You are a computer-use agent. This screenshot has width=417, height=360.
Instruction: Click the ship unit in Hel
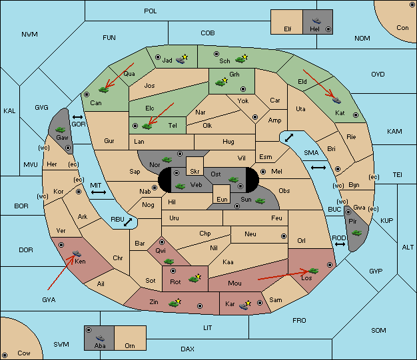[316, 21]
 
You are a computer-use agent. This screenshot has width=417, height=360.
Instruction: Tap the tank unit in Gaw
[61, 129]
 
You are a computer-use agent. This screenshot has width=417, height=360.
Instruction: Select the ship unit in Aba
[100, 337]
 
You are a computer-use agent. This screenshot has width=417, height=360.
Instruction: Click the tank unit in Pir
[356, 233]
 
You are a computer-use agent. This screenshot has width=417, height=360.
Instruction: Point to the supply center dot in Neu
[284, 236]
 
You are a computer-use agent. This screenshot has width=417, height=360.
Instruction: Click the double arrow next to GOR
[78, 117]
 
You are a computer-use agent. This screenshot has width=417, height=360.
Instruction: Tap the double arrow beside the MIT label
[99, 192]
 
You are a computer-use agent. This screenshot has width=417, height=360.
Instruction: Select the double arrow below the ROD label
[340, 244]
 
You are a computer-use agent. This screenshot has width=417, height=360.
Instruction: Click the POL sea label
[151, 11]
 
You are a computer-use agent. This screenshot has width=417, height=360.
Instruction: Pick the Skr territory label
[195, 172]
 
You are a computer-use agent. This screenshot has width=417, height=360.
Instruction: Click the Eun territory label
[222, 199]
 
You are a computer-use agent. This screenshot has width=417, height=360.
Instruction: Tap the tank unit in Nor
[167, 160]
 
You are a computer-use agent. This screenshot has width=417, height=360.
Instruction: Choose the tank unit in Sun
[260, 201]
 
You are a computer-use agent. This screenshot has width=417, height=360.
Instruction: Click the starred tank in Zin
[175, 303]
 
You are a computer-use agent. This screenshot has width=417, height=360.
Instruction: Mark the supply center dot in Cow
[5, 355]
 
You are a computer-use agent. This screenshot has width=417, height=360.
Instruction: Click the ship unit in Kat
[336, 100]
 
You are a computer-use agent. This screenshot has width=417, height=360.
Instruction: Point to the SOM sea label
[378, 330]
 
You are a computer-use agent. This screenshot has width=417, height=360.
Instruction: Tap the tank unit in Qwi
[169, 262]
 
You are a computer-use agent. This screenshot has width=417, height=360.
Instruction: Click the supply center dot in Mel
[263, 172]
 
